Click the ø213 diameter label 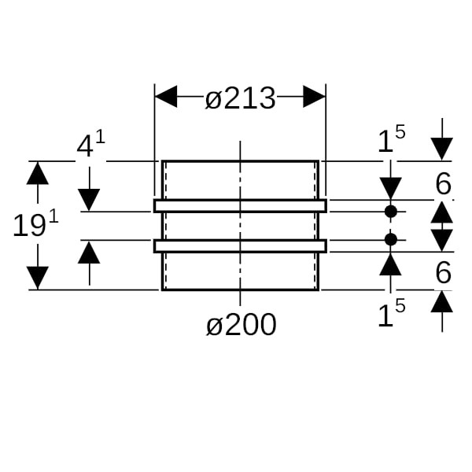(240, 99)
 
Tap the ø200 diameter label (241, 324)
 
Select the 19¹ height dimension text (35, 225)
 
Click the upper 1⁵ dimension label (391, 141)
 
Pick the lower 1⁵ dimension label (391, 315)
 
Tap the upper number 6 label (443, 185)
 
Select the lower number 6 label (443, 273)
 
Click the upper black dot (391, 212)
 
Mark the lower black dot (391, 238)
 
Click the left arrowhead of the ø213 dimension (166, 97)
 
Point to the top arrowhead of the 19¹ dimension (38, 172)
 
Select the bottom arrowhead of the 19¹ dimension (38, 278)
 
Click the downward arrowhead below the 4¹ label (90, 200)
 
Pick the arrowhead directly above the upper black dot (391, 188)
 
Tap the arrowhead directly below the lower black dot (391, 263)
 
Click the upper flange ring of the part (240, 206)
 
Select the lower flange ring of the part (240, 245)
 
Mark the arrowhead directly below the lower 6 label (442, 301)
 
